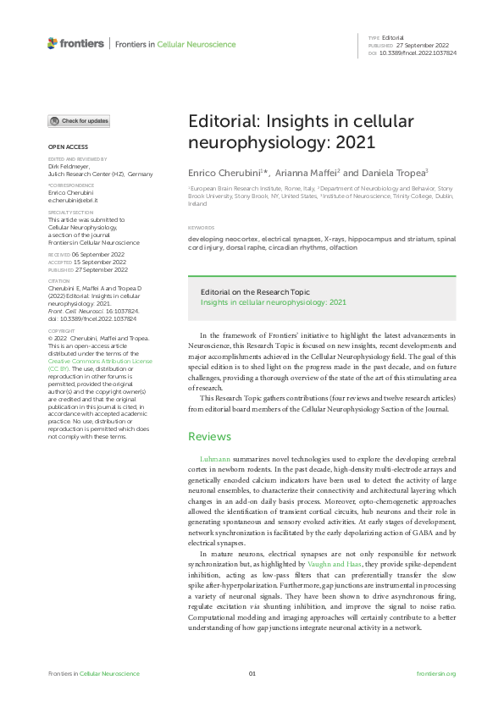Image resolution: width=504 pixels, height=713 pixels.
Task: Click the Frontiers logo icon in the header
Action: pos(53,43)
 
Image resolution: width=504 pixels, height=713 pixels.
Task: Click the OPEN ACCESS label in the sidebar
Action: pos(64,146)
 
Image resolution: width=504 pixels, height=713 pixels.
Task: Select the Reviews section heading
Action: pos(208,437)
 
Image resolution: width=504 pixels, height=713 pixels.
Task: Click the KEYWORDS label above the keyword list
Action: pos(202,228)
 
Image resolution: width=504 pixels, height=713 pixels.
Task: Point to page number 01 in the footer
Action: pos(252,673)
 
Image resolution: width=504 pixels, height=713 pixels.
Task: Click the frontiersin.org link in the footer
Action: pos(436,673)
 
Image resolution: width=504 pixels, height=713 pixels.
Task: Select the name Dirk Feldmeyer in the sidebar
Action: pos(68,167)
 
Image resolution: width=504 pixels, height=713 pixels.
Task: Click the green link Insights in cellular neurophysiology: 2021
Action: pos(273,301)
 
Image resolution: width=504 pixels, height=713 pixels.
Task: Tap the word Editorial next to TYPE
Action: pos(392,38)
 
